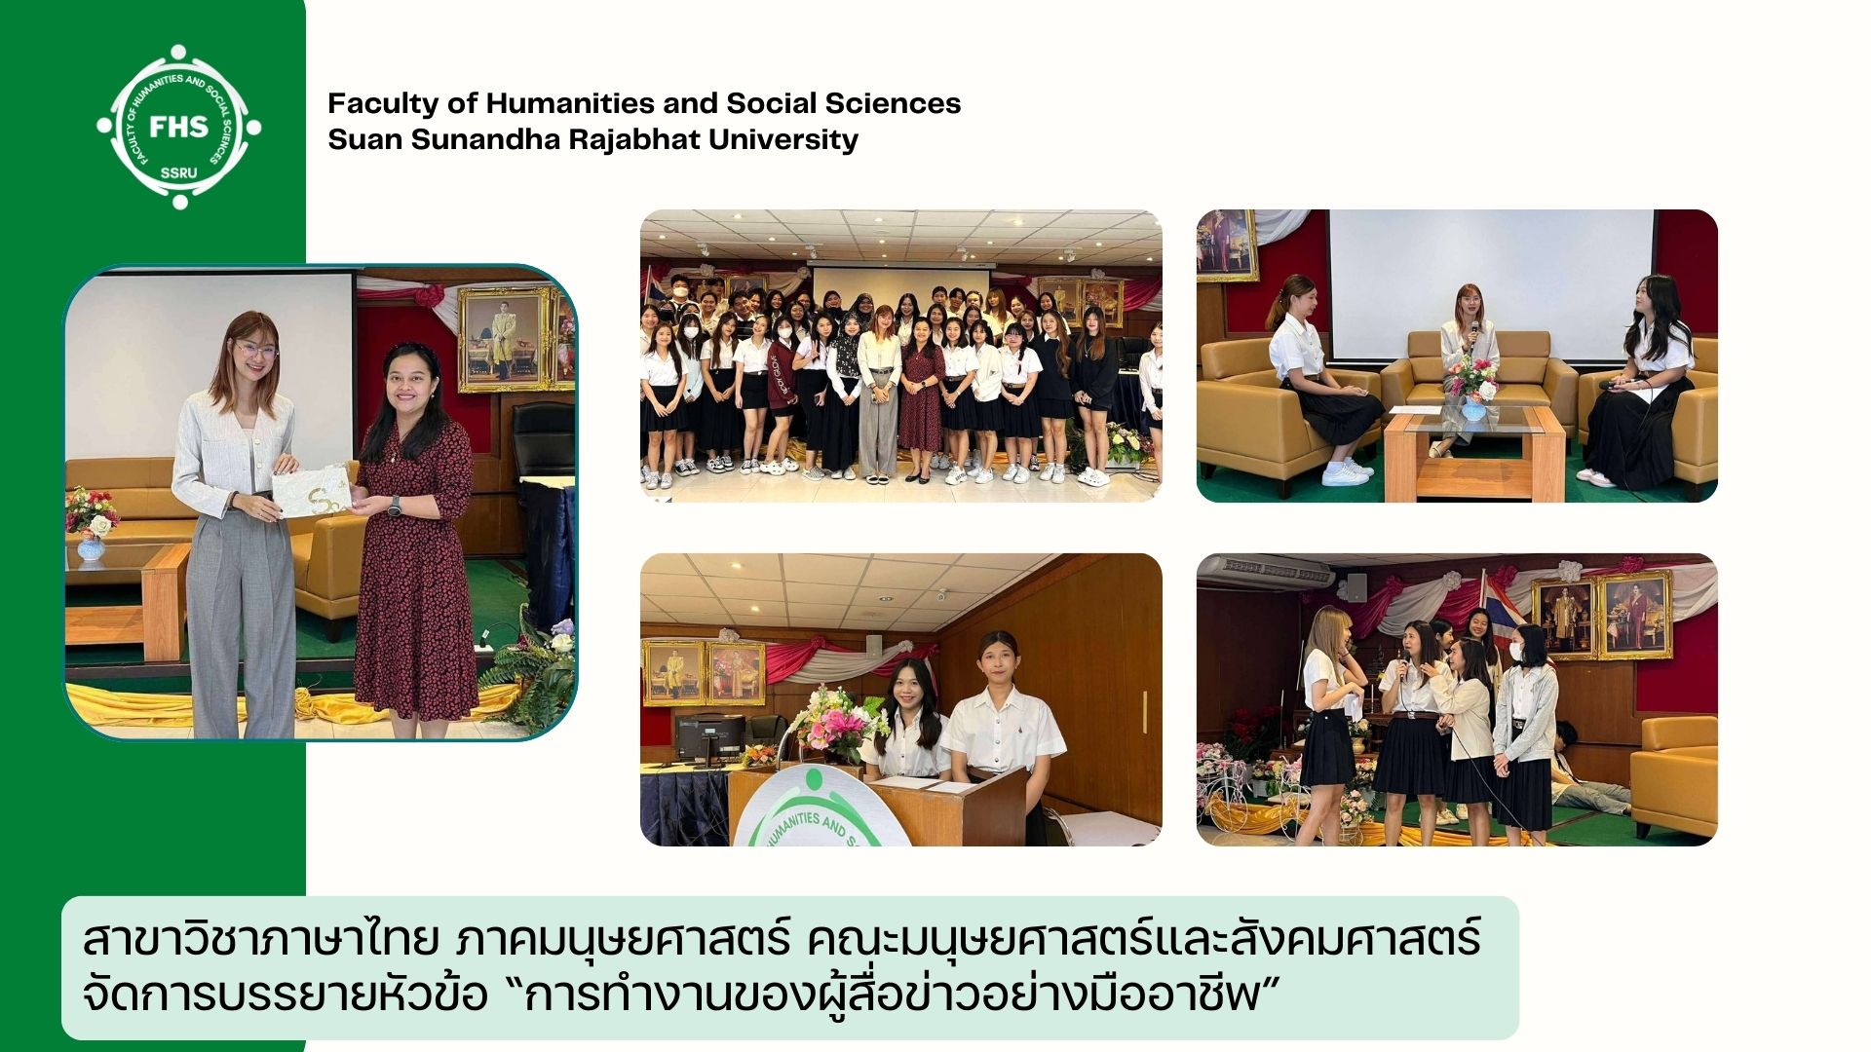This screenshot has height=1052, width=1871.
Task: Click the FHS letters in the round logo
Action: (x=178, y=127)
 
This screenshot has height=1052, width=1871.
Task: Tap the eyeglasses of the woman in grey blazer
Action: (x=254, y=349)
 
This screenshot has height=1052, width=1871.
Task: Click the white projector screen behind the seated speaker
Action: (x=1492, y=282)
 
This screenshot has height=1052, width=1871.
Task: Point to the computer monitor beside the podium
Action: (x=709, y=737)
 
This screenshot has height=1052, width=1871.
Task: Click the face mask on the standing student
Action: (x=1516, y=652)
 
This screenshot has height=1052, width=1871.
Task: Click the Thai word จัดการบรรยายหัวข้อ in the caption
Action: (x=285, y=996)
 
